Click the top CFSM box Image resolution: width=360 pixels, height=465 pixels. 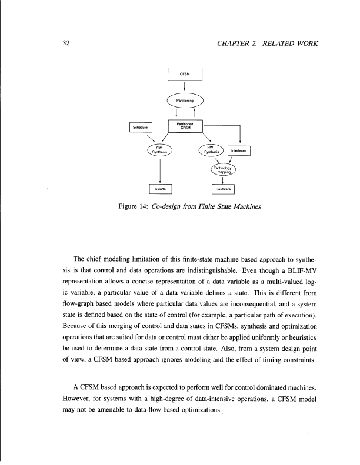click(x=185, y=75)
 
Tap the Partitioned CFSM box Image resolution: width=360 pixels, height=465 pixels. click(x=185, y=125)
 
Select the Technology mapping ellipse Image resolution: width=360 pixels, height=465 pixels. click(x=222, y=171)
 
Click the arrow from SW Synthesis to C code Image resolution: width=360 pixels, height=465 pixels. click(x=160, y=170)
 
